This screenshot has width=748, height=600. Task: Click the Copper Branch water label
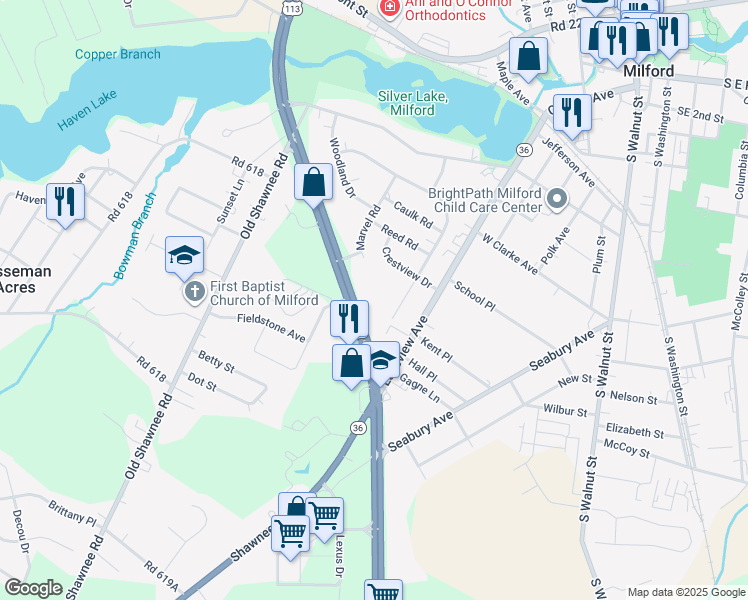tap(117, 54)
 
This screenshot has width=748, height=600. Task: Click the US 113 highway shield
tap(290, 8)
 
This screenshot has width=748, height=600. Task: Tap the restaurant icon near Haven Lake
tap(65, 201)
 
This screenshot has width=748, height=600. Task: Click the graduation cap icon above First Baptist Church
tap(184, 256)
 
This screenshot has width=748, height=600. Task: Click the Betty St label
tap(215, 361)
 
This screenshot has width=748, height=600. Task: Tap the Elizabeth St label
tap(634, 431)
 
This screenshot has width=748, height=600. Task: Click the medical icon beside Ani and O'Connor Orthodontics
tap(387, 9)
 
